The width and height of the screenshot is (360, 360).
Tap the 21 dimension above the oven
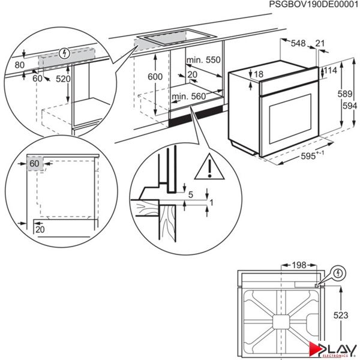320,44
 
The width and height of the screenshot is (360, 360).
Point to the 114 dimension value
331,71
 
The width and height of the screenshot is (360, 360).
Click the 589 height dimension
343,94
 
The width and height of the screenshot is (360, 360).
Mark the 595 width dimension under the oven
312,154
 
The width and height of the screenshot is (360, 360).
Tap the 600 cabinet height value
155,77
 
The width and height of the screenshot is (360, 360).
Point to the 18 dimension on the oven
259,74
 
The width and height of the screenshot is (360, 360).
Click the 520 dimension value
63,79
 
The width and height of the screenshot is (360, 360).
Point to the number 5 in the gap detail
190,194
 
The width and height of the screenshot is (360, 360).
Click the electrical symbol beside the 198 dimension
340,273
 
